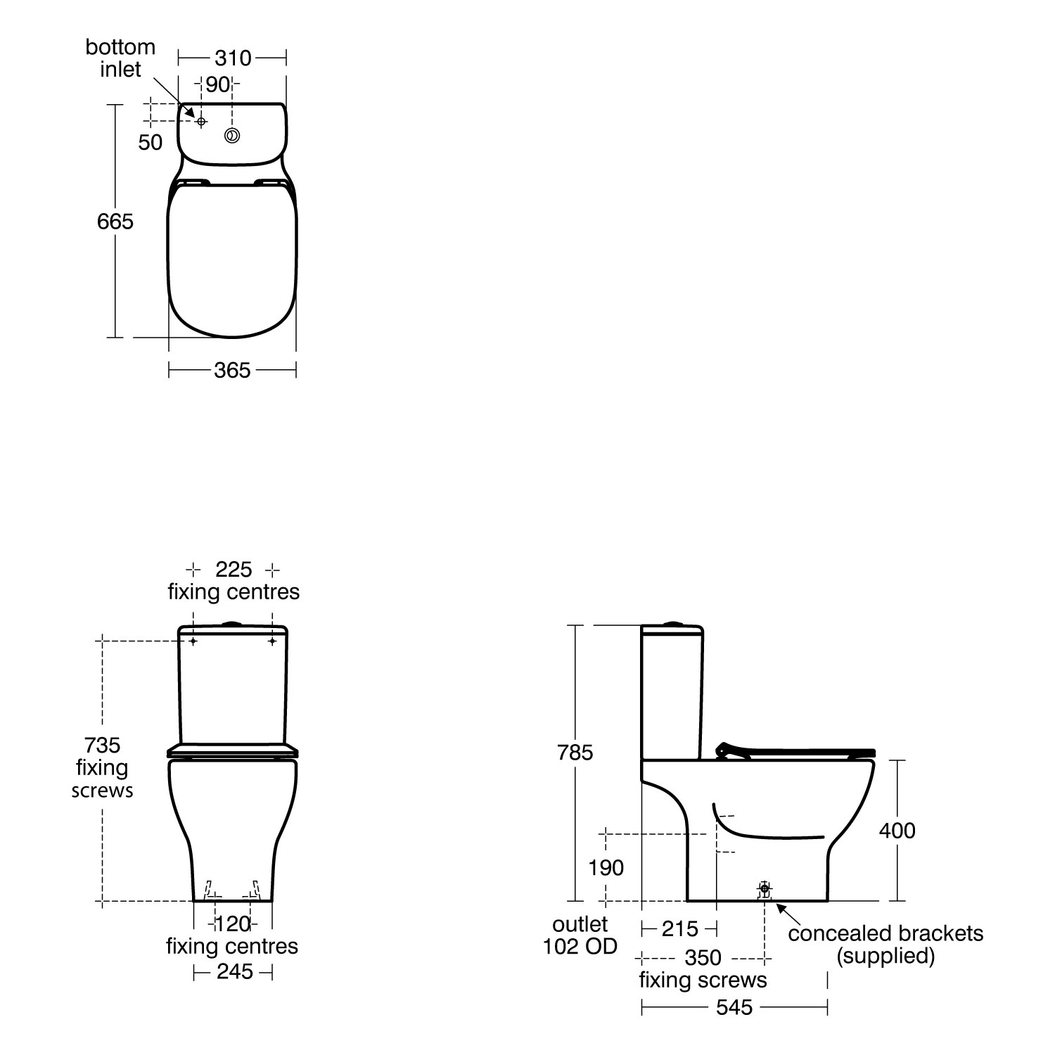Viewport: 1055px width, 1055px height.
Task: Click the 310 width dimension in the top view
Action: [x=233, y=58]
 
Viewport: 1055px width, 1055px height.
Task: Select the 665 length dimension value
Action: [x=115, y=222]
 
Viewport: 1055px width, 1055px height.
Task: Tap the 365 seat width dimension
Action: [x=232, y=370]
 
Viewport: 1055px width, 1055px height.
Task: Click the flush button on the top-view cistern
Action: [x=232, y=135]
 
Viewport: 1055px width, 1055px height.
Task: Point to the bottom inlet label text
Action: [x=120, y=58]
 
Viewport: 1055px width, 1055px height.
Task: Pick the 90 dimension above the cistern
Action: [x=218, y=84]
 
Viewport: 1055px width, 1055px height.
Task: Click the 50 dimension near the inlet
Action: [x=150, y=142]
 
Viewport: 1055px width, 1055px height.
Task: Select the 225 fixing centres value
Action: [x=234, y=569]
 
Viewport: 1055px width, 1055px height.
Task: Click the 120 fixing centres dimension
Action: [x=232, y=923]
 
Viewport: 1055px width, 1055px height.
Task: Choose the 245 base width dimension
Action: [x=234, y=972]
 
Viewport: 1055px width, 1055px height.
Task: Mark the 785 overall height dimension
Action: [x=575, y=753]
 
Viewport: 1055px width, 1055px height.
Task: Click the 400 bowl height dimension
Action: [x=897, y=831]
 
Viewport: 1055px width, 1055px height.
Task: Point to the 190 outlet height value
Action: [x=606, y=868]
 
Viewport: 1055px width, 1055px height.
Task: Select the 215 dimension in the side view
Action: [x=680, y=929]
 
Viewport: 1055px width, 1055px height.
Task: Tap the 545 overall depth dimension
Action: [x=734, y=1008]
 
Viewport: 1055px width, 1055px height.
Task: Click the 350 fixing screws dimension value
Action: [x=703, y=958]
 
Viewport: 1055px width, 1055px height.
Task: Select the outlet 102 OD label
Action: [x=580, y=935]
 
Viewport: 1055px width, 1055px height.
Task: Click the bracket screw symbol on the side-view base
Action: [x=765, y=890]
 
